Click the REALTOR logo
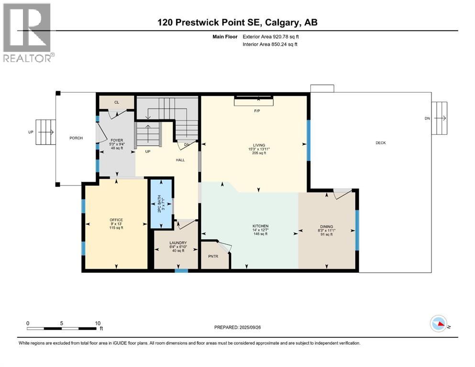(x=29, y=32)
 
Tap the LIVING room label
(x=259, y=145)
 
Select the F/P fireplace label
(x=257, y=111)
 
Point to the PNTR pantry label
(x=213, y=256)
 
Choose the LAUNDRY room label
(x=178, y=243)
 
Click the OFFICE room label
(x=116, y=220)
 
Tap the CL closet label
(x=117, y=102)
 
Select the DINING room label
(x=327, y=227)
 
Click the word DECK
(x=381, y=143)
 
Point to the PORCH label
(x=76, y=138)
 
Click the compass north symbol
(x=439, y=324)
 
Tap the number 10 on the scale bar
(x=98, y=323)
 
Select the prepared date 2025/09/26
(x=250, y=327)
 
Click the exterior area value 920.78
(x=281, y=37)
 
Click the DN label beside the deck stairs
(x=427, y=119)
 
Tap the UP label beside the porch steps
(x=31, y=132)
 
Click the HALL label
(x=180, y=160)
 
